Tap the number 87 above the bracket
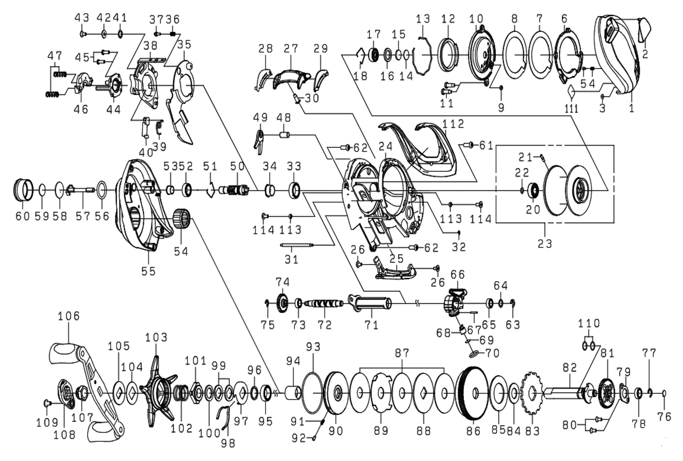click(402, 353)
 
